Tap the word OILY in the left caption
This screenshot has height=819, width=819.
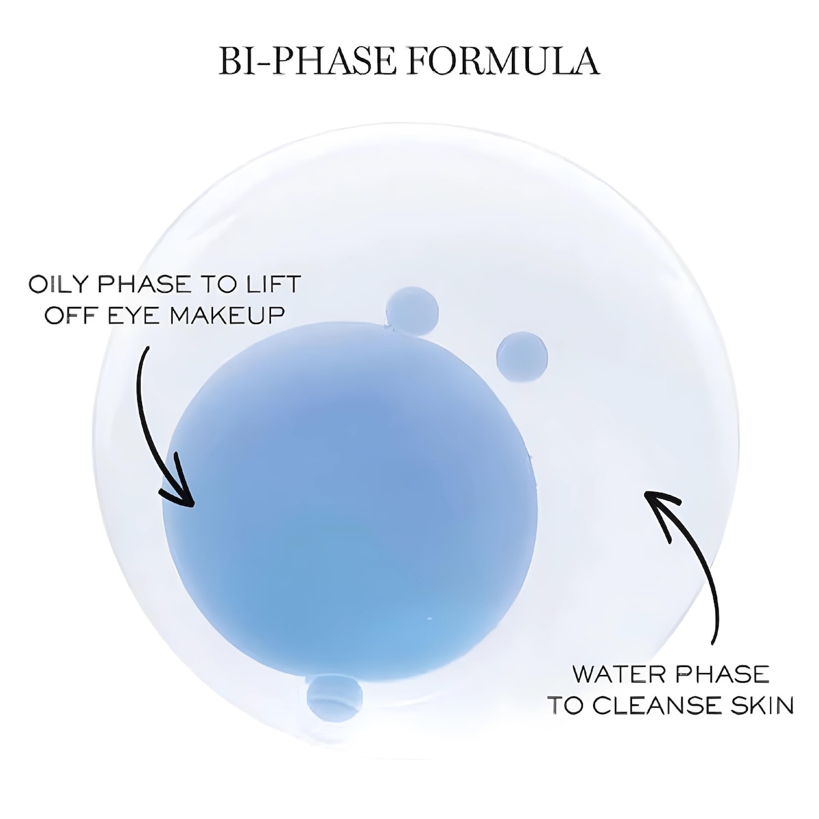coord(59,284)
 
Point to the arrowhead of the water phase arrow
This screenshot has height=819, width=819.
coord(657,505)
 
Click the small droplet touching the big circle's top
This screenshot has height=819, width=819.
coord(412,308)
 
